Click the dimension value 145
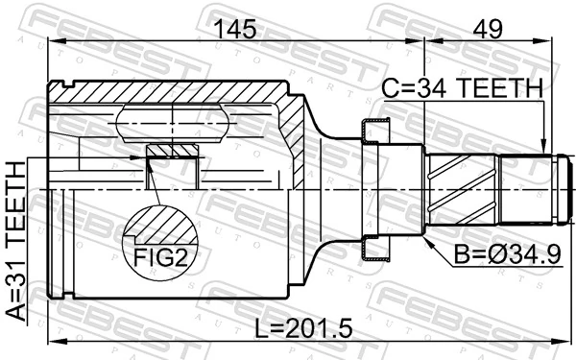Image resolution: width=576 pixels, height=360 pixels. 235,30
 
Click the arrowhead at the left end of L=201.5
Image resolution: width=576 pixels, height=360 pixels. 55,342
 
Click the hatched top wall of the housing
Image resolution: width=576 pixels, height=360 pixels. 173,94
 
